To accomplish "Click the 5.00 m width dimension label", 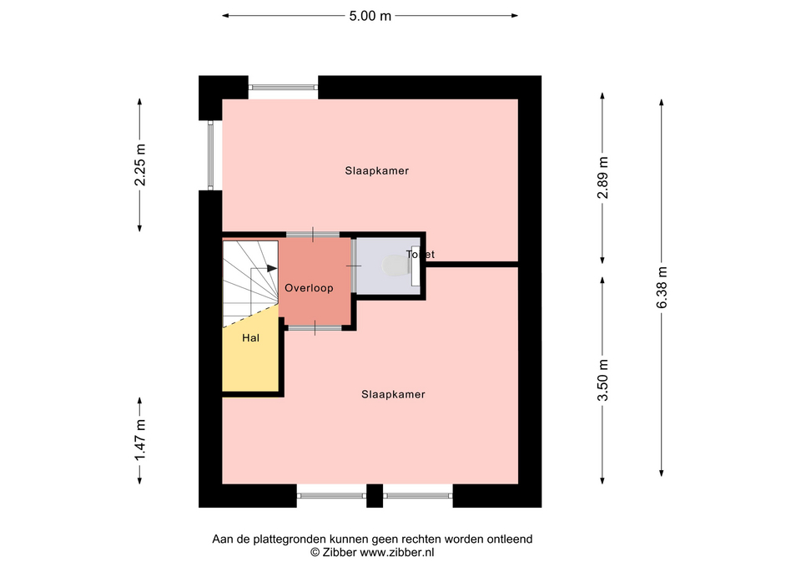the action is click(x=370, y=16).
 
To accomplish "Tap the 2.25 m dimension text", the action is click(x=140, y=165).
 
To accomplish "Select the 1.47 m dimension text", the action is click(x=140, y=440).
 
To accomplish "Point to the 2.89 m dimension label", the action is click(x=603, y=177).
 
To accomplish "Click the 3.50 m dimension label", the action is click(x=603, y=381).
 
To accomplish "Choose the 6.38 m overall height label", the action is click(x=662, y=287).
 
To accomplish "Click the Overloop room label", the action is click(x=309, y=288).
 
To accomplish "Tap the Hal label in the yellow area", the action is click(x=251, y=338).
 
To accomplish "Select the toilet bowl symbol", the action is click(x=395, y=266).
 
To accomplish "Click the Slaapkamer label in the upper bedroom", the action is click(x=377, y=170).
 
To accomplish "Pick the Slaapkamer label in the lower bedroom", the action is click(x=393, y=394).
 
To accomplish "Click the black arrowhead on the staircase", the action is click(x=272, y=268).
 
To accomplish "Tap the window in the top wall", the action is click(x=283, y=88).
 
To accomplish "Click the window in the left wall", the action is click(x=210, y=155).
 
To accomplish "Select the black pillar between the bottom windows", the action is click(x=375, y=495).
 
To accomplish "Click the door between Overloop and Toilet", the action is click(x=354, y=266).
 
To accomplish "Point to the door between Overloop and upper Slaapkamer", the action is click(x=313, y=235).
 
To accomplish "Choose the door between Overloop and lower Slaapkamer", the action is click(x=315, y=327).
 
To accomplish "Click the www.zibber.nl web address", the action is click(x=397, y=552).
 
